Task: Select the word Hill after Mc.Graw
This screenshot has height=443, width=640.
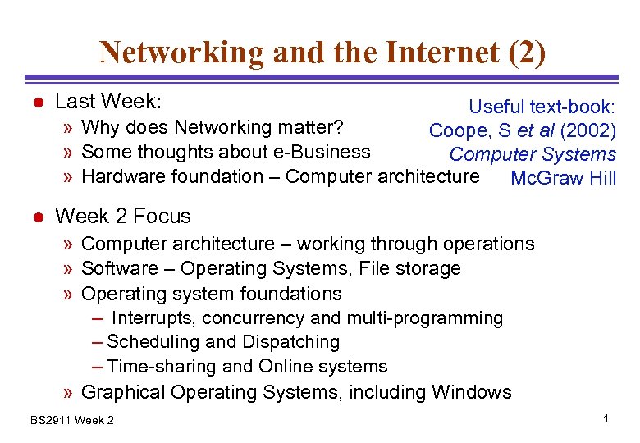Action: [x=597, y=178]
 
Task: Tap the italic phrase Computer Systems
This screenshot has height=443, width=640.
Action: [x=533, y=154]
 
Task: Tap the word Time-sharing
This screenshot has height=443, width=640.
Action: [x=157, y=367]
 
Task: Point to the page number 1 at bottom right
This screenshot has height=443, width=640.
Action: [x=605, y=419]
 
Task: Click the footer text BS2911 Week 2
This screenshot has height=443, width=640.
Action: [x=72, y=421]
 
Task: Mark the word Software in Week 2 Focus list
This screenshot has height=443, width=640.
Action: [x=120, y=268]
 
